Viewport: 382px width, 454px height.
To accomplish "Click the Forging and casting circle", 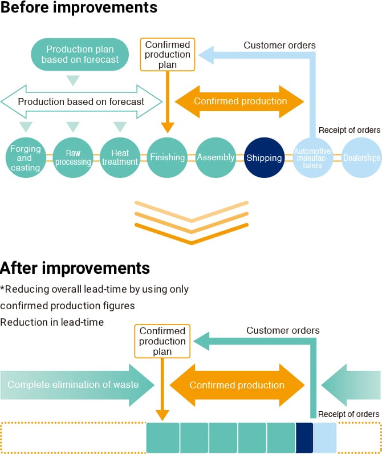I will pyautogui.click(x=25, y=158).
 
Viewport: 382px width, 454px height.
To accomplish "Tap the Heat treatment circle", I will pyautogui.click(x=120, y=158).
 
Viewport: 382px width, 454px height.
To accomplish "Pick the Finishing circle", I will pyautogui.click(x=168, y=158).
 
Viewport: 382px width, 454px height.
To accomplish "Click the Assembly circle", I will pyautogui.click(x=216, y=158).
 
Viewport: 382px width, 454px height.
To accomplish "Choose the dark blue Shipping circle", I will pyautogui.click(x=264, y=158).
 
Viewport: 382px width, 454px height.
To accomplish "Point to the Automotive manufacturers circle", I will pyautogui.click(x=312, y=158).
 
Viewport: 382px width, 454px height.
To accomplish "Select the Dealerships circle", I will pyautogui.click(x=361, y=158).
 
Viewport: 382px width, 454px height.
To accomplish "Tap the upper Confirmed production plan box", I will pyautogui.click(x=168, y=55).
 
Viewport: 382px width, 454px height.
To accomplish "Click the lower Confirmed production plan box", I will pyautogui.click(x=162, y=341).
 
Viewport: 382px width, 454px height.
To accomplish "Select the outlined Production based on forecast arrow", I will pyautogui.click(x=81, y=102).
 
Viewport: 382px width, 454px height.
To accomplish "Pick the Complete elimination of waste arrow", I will pyautogui.click(x=78, y=384).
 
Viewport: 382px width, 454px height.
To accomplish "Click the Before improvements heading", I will pyautogui.click(x=79, y=8).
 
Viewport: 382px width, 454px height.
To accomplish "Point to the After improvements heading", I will pyautogui.click(x=75, y=267).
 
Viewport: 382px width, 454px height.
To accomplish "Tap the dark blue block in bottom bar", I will pyautogui.click(x=304, y=437).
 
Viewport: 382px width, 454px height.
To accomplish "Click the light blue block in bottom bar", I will pyautogui.click(x=325, y=437).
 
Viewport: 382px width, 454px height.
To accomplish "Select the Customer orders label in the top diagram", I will pyautogui.click(x=279, y=45).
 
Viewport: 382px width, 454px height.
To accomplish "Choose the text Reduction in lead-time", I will pyautogui.click(x=52, y=322).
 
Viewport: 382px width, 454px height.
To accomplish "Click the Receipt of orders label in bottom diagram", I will pyautogui.click(x=348, y=414).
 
